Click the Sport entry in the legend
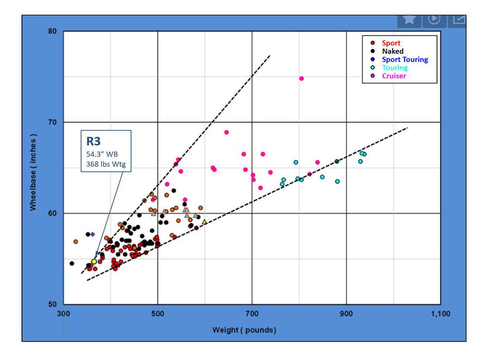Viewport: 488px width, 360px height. click(x=391, y=43)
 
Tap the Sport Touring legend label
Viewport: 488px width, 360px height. click(x=405, y=60)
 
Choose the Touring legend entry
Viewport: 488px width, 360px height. click(x=395, y=68)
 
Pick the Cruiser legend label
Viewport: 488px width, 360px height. click(x=394, y=76)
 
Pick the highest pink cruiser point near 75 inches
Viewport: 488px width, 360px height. click(x=301, y=79)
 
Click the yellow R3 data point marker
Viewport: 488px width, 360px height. click(x=94, y=262)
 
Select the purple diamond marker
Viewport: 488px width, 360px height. click(x=92, y=234)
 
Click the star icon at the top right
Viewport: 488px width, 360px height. click(x=409, y=19)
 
